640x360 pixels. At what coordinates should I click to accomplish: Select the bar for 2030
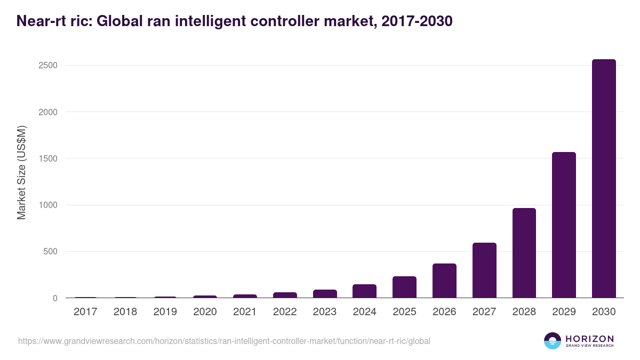pos(604,179)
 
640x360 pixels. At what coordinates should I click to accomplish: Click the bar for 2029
pos(564,225)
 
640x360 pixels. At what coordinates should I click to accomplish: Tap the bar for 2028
pos(524,253)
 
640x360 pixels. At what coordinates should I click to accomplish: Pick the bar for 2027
pos(484,270)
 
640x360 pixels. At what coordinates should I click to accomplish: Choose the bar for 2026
pos(444,281)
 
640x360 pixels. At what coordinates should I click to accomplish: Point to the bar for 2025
pos(404,287)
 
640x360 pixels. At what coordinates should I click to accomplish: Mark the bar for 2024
pos(364,291)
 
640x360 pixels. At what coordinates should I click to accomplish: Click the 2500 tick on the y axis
pos(47,66)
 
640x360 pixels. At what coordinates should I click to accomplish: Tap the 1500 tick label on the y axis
pos(47,158)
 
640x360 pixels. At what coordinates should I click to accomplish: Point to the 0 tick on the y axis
pos(55,298)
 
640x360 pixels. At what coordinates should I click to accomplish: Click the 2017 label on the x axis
pos(85,312)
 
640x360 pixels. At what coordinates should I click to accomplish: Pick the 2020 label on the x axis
pos(205,312)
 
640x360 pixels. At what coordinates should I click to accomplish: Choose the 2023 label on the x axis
pos(325,312)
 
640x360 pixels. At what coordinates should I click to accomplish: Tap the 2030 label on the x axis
pos(604,312)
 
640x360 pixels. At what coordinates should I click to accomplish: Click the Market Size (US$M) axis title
pos(21,172)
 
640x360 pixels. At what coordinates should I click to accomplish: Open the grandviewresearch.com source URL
pos(224,341)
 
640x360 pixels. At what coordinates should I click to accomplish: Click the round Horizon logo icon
pos(553,341)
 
